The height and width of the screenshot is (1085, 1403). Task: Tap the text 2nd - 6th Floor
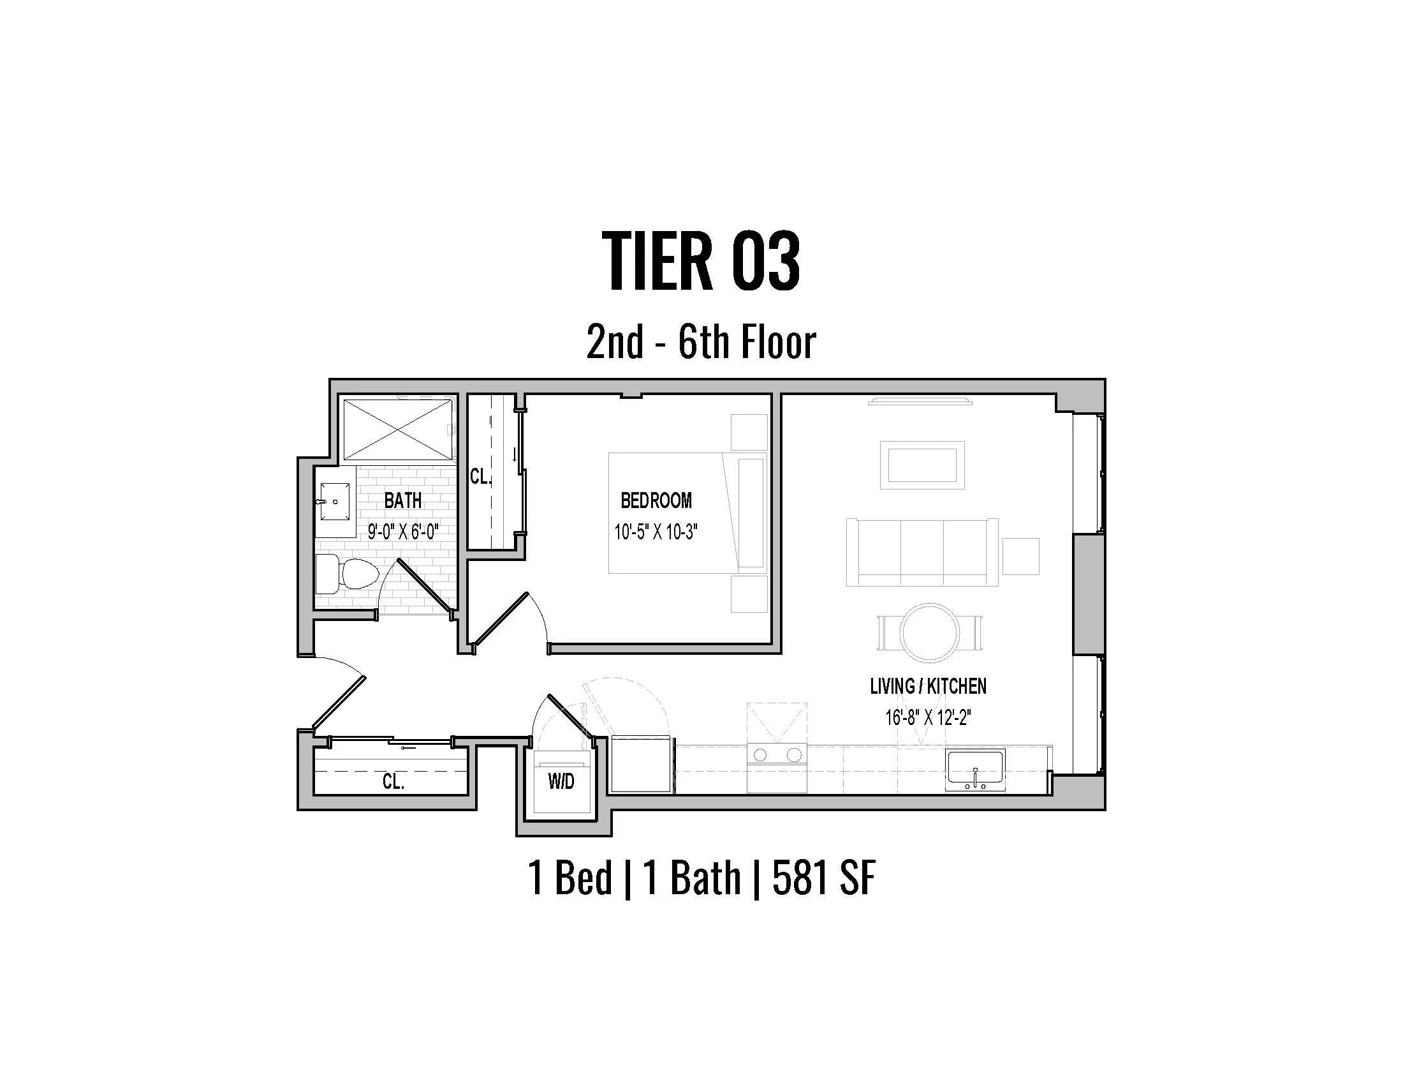[701, 342]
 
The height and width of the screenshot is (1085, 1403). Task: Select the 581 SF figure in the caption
[823, 878]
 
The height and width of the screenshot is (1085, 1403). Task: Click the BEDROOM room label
[656, 500]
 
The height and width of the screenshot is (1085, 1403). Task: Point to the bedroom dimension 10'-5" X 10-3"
[656, 532]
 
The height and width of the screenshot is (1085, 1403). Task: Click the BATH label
[403, 500]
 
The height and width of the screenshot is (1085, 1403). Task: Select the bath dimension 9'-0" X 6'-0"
[403, 532]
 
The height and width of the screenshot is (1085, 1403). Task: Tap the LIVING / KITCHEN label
[928, 687]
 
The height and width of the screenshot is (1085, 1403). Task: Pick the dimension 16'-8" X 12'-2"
[928, 717]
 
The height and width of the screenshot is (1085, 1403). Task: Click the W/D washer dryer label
[561, 782]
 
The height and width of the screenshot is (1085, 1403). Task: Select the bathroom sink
[335, 502]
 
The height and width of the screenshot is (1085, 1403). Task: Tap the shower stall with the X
[398, 430]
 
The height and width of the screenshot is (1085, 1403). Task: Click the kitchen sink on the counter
[975, 771]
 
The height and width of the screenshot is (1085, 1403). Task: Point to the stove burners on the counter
[777, 754]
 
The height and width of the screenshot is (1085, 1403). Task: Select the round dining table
[929, 632]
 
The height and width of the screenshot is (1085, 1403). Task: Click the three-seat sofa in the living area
[922, 552]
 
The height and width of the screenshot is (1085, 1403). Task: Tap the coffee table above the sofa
[922, 465]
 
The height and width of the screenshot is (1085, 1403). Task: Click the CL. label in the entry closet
[393, 782]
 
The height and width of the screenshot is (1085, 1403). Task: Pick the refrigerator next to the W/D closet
[641, 765]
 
